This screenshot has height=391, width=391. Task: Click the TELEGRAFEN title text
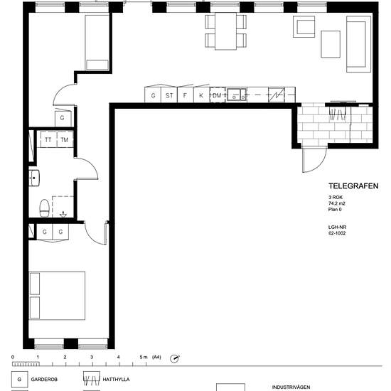353,186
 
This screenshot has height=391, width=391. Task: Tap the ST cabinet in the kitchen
169,95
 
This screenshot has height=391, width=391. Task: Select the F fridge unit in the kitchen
186,95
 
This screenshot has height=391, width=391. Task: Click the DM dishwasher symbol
218,95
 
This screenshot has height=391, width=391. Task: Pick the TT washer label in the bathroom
48,139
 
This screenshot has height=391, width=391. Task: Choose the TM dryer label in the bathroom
64,139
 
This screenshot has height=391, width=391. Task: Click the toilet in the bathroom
44,208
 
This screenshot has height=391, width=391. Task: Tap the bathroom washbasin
34,178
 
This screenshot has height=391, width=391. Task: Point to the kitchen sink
237,95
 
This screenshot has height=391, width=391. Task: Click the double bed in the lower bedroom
57,296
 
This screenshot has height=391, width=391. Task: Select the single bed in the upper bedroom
97,43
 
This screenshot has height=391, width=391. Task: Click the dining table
225,31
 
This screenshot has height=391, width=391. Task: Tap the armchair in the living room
304,27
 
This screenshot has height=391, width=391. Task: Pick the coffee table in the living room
331,44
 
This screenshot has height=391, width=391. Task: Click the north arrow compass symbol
175,359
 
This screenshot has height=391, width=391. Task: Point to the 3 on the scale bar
92,357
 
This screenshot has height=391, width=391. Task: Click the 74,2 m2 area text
337,203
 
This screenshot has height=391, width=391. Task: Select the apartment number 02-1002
337,233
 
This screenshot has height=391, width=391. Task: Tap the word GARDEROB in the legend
44,380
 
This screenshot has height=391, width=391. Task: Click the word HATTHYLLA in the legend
116,380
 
